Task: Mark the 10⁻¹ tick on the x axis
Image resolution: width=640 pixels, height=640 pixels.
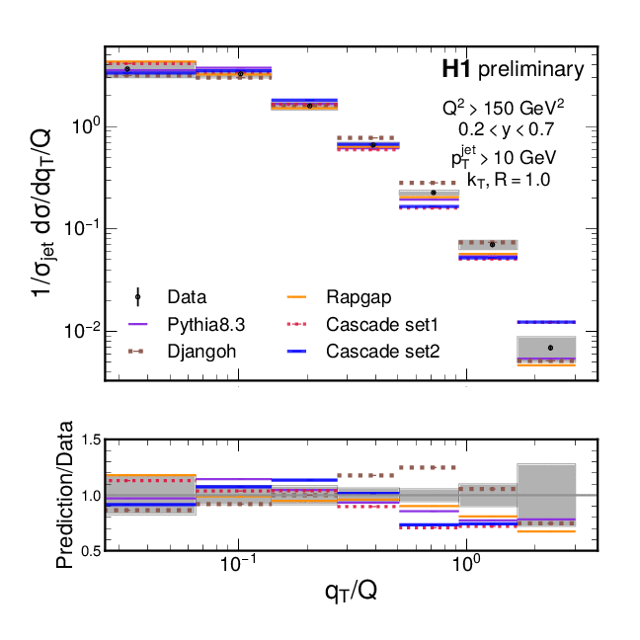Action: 238,569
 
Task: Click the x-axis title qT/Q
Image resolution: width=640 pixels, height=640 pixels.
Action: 350,595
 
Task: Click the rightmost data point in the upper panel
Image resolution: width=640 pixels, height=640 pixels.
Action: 550,347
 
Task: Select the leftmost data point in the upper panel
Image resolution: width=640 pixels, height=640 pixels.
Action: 128,69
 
